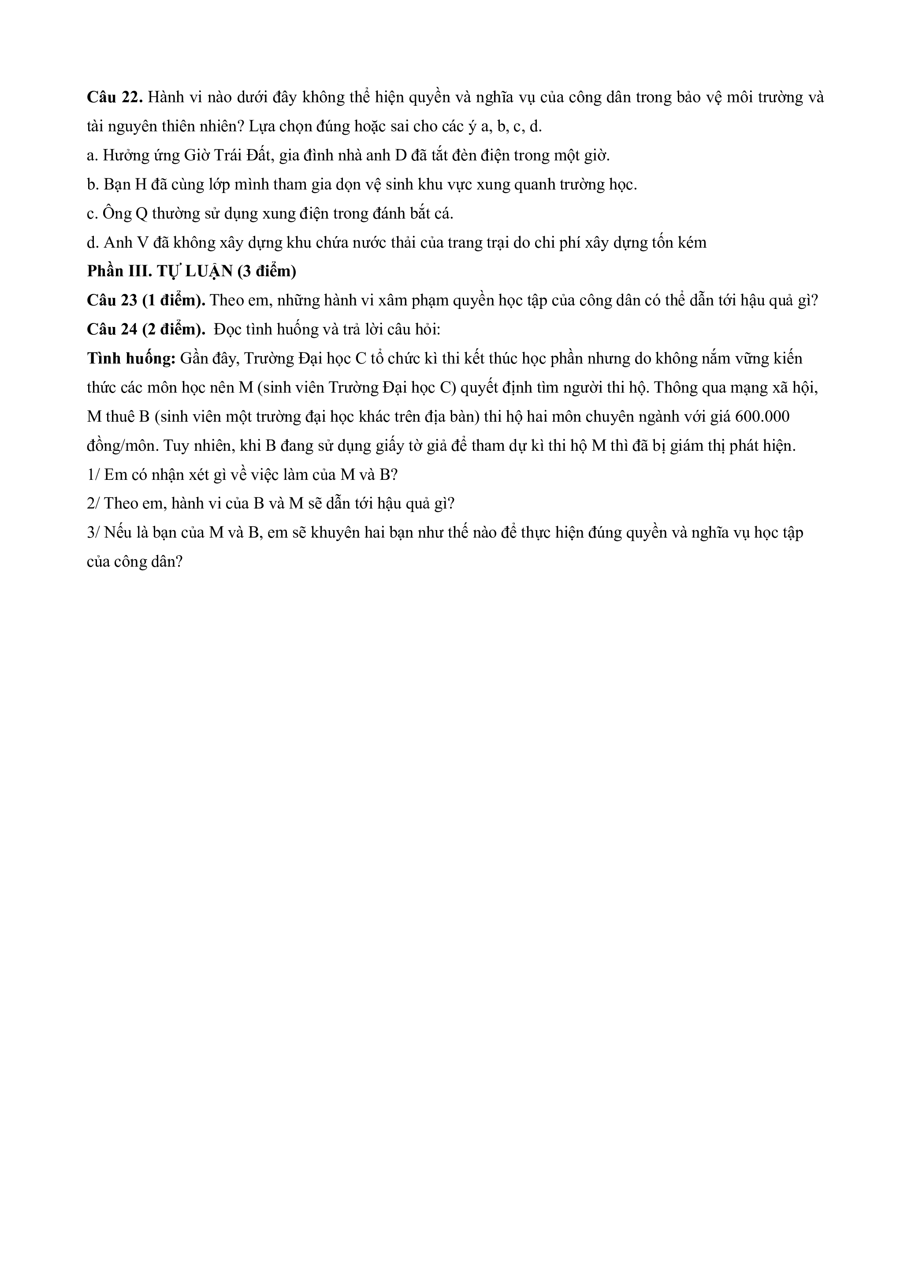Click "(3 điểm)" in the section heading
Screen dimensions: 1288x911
(267, 271)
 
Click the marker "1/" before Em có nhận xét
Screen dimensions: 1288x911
(93, 475)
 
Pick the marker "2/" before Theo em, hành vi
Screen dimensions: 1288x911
(93, 504)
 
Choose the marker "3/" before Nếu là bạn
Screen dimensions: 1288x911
(93, 532)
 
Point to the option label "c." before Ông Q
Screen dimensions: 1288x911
(93, 214)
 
